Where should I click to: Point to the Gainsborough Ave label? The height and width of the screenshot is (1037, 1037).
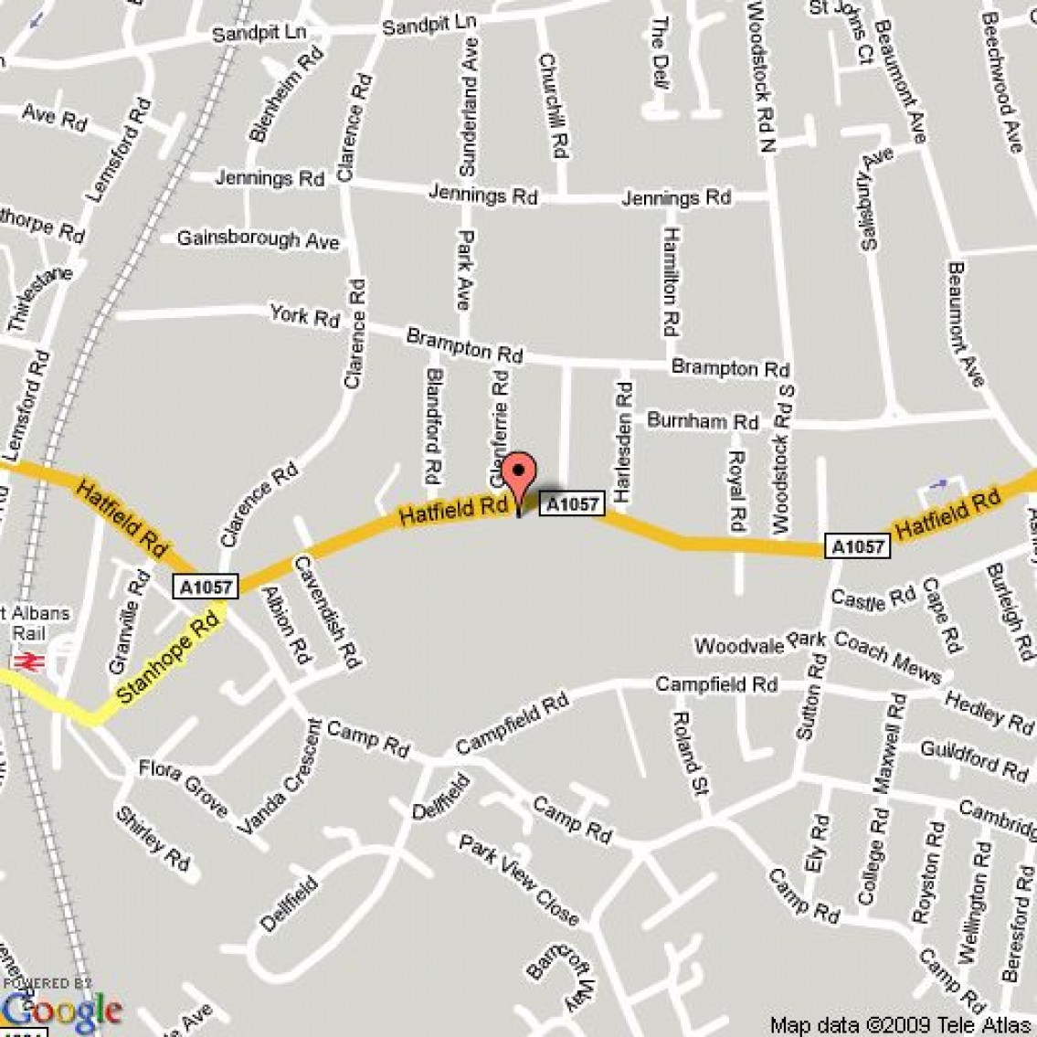258,239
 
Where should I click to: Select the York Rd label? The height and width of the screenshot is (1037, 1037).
304,316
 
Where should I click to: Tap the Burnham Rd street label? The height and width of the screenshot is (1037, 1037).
702,421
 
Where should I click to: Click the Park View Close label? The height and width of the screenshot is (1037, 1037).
519,878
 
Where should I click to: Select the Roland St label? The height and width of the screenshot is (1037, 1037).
686,752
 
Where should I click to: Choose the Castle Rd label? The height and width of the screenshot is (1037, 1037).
872,599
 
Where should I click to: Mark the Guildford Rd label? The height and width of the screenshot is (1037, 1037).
974,761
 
